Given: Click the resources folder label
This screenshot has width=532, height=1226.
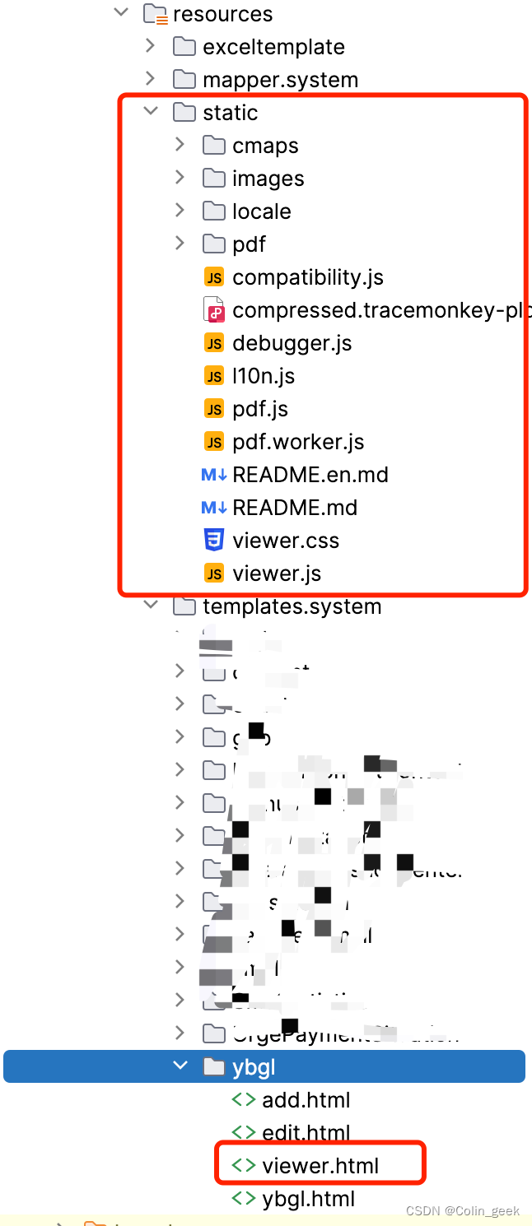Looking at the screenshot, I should (x=222, y=14).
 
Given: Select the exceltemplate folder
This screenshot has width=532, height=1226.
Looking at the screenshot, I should (x=273, y=47).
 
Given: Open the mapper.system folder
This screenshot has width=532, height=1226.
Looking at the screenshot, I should (x=280, y=80).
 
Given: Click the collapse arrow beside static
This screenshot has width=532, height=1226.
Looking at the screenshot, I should (x=151, y=112).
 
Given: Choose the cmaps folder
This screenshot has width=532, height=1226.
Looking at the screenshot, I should (x=265, y=146).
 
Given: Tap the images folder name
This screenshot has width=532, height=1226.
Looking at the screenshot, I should (x=268, y=179).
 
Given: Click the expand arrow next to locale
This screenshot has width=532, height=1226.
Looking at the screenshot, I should (x=180, y=211).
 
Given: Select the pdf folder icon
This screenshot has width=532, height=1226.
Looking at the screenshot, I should (x=214, y=244).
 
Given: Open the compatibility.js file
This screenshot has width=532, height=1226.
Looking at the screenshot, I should (x=307, y=277).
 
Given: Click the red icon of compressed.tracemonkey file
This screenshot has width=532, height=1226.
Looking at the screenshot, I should (x=214, y=310).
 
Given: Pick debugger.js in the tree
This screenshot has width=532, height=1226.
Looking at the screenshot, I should (x=292, y=343).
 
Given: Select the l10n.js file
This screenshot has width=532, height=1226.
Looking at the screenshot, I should (x=263, y=376).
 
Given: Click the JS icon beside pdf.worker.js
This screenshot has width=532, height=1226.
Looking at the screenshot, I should (x=214, y=442).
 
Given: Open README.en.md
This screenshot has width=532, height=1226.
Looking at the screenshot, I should (x=310, y=475).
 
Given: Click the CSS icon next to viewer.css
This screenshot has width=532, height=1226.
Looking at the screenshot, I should (x=214, y=541).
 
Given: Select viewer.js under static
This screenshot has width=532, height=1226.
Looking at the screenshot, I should (x=276, y=574).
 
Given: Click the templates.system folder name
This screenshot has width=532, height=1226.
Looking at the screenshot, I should (x=292, y=606).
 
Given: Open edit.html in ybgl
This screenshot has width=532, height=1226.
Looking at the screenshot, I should (x=306, y=1133).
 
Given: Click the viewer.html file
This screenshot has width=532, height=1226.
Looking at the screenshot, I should (x=320, y=1166).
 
